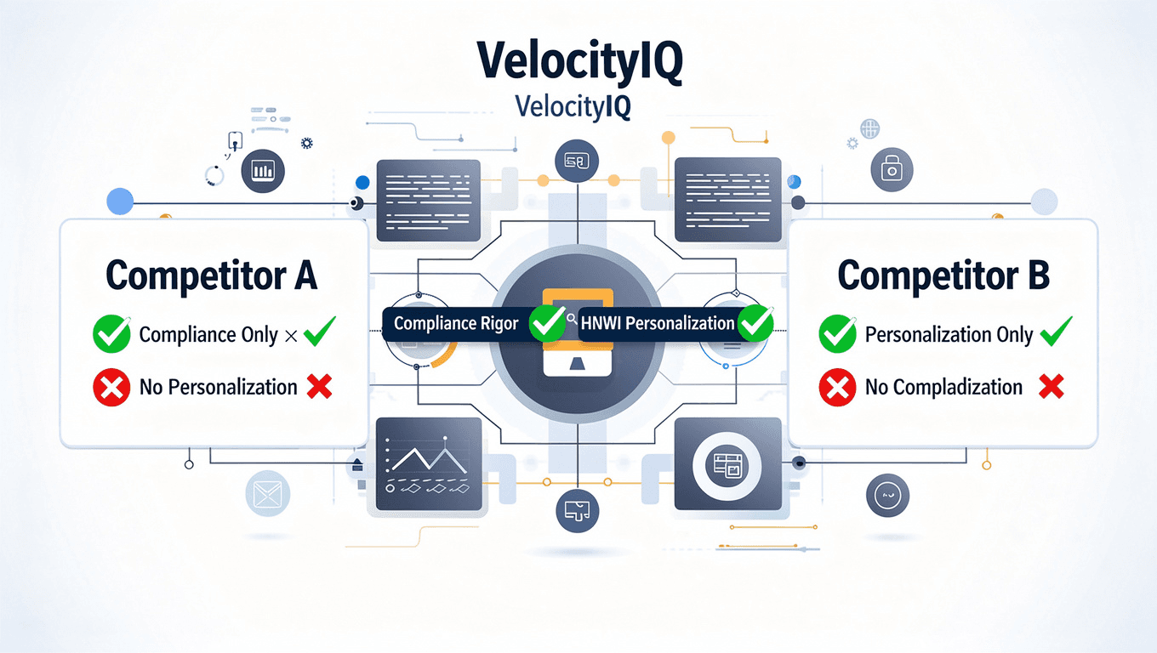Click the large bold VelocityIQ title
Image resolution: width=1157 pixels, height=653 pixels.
tap(578, 62)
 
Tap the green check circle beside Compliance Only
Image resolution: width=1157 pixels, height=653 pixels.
tap(111, 334)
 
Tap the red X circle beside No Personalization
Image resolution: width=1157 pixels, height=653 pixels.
tap(111, 388)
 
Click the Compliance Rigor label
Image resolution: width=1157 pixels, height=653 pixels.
tap(456, 324)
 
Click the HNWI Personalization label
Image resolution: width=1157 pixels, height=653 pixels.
tap(658, 323)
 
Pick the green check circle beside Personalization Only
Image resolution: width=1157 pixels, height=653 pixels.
tap(838, 334)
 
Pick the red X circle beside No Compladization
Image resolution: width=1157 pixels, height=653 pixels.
tap(838, 388)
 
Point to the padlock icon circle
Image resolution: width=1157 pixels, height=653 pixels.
tap(891, 169)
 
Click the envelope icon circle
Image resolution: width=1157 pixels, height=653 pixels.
tap(267, 493)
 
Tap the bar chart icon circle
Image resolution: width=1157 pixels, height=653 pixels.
tap(263, 170)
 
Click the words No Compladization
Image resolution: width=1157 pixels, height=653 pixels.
tap(943, 388)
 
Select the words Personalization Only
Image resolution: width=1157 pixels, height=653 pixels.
tap(949, 334)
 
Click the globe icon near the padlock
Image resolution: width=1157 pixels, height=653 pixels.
tap(869, 129)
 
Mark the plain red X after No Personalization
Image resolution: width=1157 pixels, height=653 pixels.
tap(319, 388)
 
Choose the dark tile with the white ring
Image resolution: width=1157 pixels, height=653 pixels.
tap(727, 464)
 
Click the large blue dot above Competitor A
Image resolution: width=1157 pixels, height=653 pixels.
tap(120, 202)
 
